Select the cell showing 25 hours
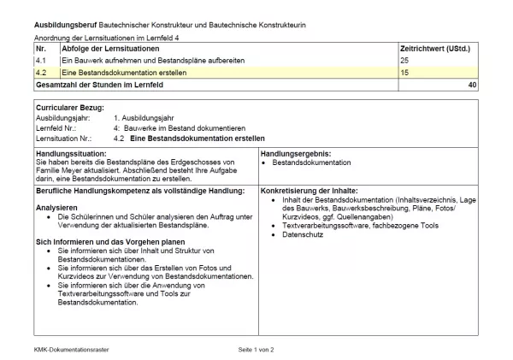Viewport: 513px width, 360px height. click(x=404, y=62)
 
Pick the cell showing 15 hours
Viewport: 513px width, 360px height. click(x=404, y=74)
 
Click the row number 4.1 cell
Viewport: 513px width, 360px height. click(x=41, y=62)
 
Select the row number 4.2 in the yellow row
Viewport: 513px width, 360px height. click(x=41, y=74)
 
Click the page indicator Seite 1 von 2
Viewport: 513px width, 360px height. click(x=256, y=351)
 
